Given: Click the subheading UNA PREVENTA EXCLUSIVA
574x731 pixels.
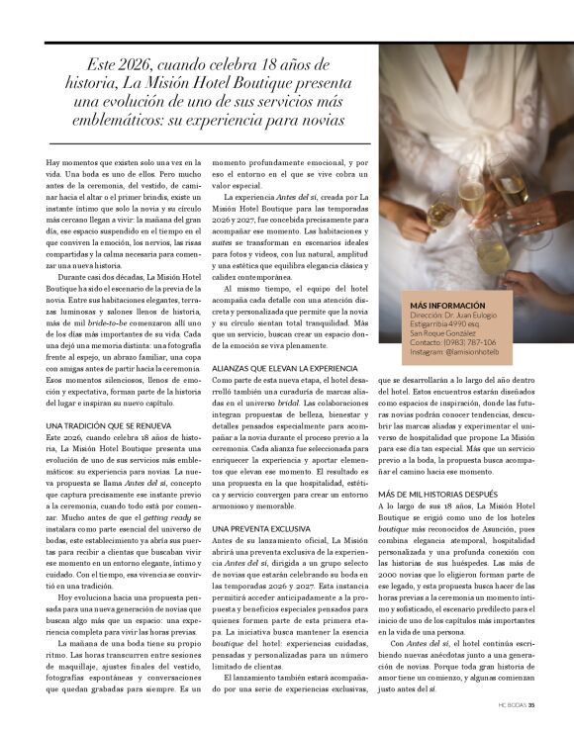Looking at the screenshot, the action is point(261,531).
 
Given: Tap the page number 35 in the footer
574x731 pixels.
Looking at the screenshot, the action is point(531,705).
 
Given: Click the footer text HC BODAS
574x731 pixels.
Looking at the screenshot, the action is point(511,705).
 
